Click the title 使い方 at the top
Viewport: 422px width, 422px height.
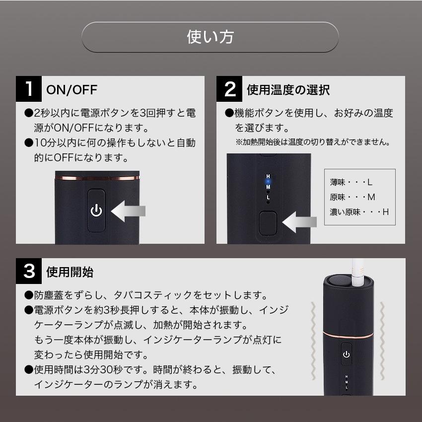coord(210,37)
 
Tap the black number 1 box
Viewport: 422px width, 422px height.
coord(29,89)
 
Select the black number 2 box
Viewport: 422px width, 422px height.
coord(229,89)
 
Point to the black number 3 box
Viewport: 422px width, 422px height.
coord(29,271)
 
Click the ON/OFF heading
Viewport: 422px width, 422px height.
coord(71,90)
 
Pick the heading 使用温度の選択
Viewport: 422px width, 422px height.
coord(288,90)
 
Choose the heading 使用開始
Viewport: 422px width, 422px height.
coord(70,272)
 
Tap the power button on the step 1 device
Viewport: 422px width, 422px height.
coord(96,211)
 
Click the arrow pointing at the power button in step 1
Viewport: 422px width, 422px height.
coord(128,211)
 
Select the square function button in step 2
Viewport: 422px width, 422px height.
coord(268,223)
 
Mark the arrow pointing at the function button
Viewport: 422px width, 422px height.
coord(299,222)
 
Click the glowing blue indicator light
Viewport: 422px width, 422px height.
coord(268,182)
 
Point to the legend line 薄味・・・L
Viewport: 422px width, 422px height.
coord(351,183)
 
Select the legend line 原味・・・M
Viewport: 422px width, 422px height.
coord(352,197)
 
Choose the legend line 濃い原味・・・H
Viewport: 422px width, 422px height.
coord(359,212)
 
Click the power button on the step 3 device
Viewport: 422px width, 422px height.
coord(347,354)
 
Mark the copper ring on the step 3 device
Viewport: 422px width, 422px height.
coord(348,335)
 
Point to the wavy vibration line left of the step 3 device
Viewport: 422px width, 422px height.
coord(313,341)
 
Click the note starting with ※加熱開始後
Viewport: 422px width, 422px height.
coord(313,142)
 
